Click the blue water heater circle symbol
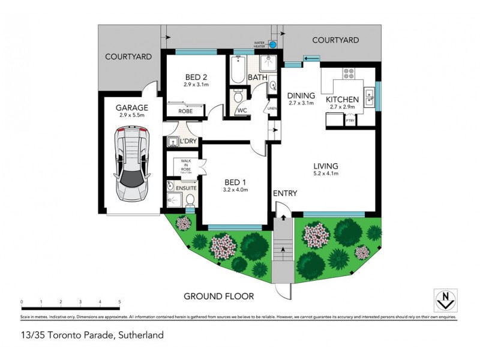click(274, 44)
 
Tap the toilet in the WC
click(239, 97)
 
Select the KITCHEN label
click(342, 99)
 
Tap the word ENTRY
click(285, 193)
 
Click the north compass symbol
click(445, 299)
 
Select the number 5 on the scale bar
click(119, 302)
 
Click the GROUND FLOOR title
click(218, 296)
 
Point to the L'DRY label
click(189, 141)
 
